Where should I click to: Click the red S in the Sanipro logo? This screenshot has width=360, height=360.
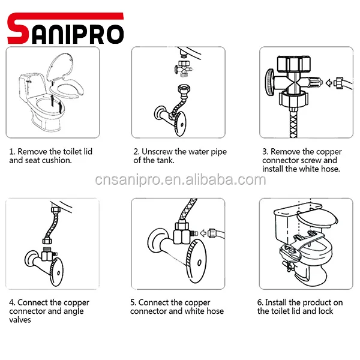tap(19, 29)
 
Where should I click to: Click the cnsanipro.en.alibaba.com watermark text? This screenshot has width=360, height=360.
tap(181, 180)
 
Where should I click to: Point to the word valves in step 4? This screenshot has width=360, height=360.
tap(20, 320)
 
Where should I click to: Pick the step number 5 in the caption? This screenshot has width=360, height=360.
tap(133, 302)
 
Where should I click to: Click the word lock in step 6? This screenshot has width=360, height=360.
tap(325, 311)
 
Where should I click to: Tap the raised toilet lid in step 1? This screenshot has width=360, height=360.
tap(60, 66)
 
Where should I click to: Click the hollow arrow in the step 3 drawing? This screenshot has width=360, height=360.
tap(329, 83)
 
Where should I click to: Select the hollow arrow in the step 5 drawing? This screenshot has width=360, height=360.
tap(203, 233)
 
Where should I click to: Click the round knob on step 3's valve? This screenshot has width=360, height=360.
tap(269, 82)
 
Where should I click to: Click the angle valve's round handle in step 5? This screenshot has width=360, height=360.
tap(197, 261)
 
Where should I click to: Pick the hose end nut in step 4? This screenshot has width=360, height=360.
tap(47, 241)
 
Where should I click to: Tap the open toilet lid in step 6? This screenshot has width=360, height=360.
tap(317, 218)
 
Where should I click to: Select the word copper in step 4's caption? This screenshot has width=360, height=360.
tap(77, 303)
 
